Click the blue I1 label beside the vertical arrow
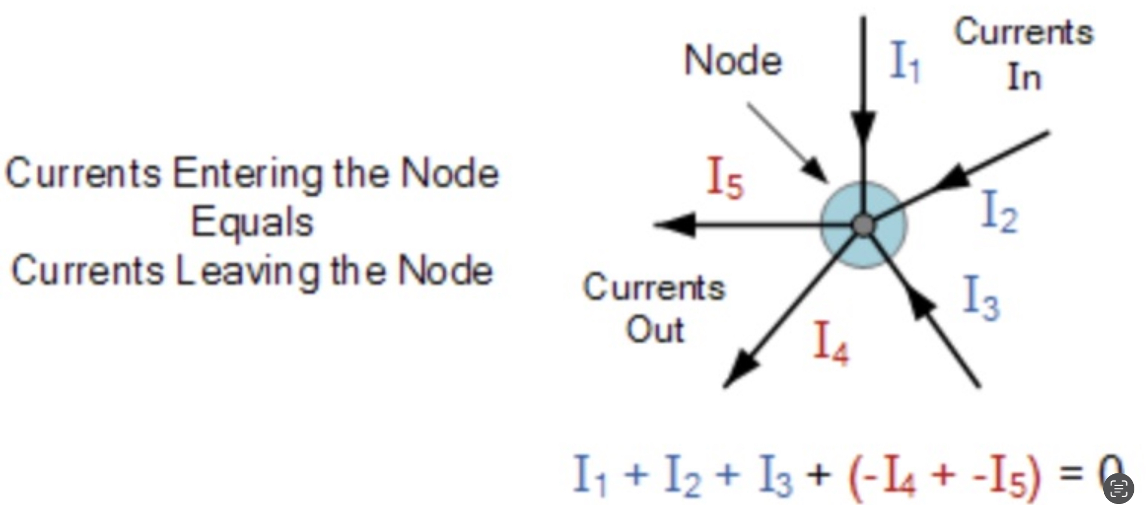point(905,62)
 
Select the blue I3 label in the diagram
point(981,297)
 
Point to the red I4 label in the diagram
point(831,342)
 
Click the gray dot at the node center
point(863,225)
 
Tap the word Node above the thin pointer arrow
point(733,61)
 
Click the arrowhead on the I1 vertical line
point(863,126)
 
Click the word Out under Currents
point(655,330)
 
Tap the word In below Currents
point(1025,78)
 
